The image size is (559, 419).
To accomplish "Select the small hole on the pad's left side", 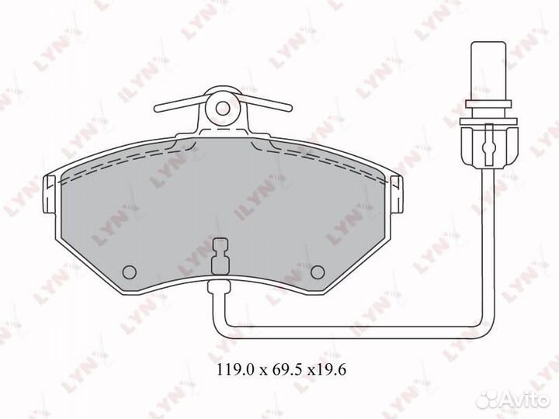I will (130, 271).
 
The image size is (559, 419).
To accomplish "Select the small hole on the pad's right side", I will (317, 271).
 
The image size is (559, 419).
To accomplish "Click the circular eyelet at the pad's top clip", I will (223, 107).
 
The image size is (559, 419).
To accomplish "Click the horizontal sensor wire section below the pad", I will (349, 324).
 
